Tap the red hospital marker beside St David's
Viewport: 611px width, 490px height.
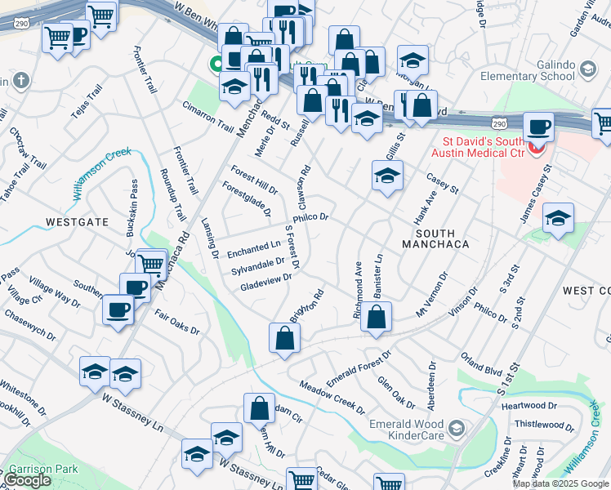pyautogui.click(x=537, y=149)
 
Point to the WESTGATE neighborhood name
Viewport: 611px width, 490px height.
pyautogui.click(x=77, y=221)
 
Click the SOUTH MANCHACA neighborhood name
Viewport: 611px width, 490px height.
pyautogui.click(x=435, y=244)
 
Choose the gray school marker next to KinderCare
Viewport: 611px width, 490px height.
pyautogui.click(x=457, y=428)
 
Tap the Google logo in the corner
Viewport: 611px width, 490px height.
pyautogui.click(x=28, y=481)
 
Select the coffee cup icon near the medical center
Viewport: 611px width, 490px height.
pyautogui.click(x=538, y=127)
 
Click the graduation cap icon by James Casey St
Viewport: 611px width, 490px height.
pyautogui.click(x=558, y=218)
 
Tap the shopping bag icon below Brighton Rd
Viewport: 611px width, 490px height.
pyautogui.click(x=283, y=338)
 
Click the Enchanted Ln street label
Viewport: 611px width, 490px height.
pyautogui.click(x=253, y=248)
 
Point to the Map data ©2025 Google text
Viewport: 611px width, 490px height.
pyautogui.click(x=560, y=483)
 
